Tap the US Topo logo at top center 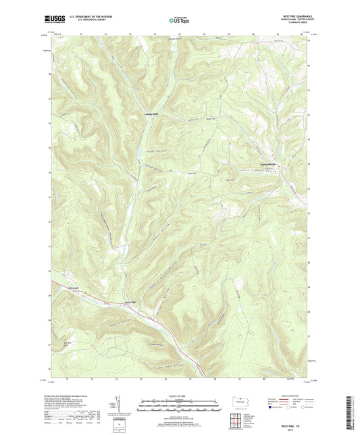tap(178, 21)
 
